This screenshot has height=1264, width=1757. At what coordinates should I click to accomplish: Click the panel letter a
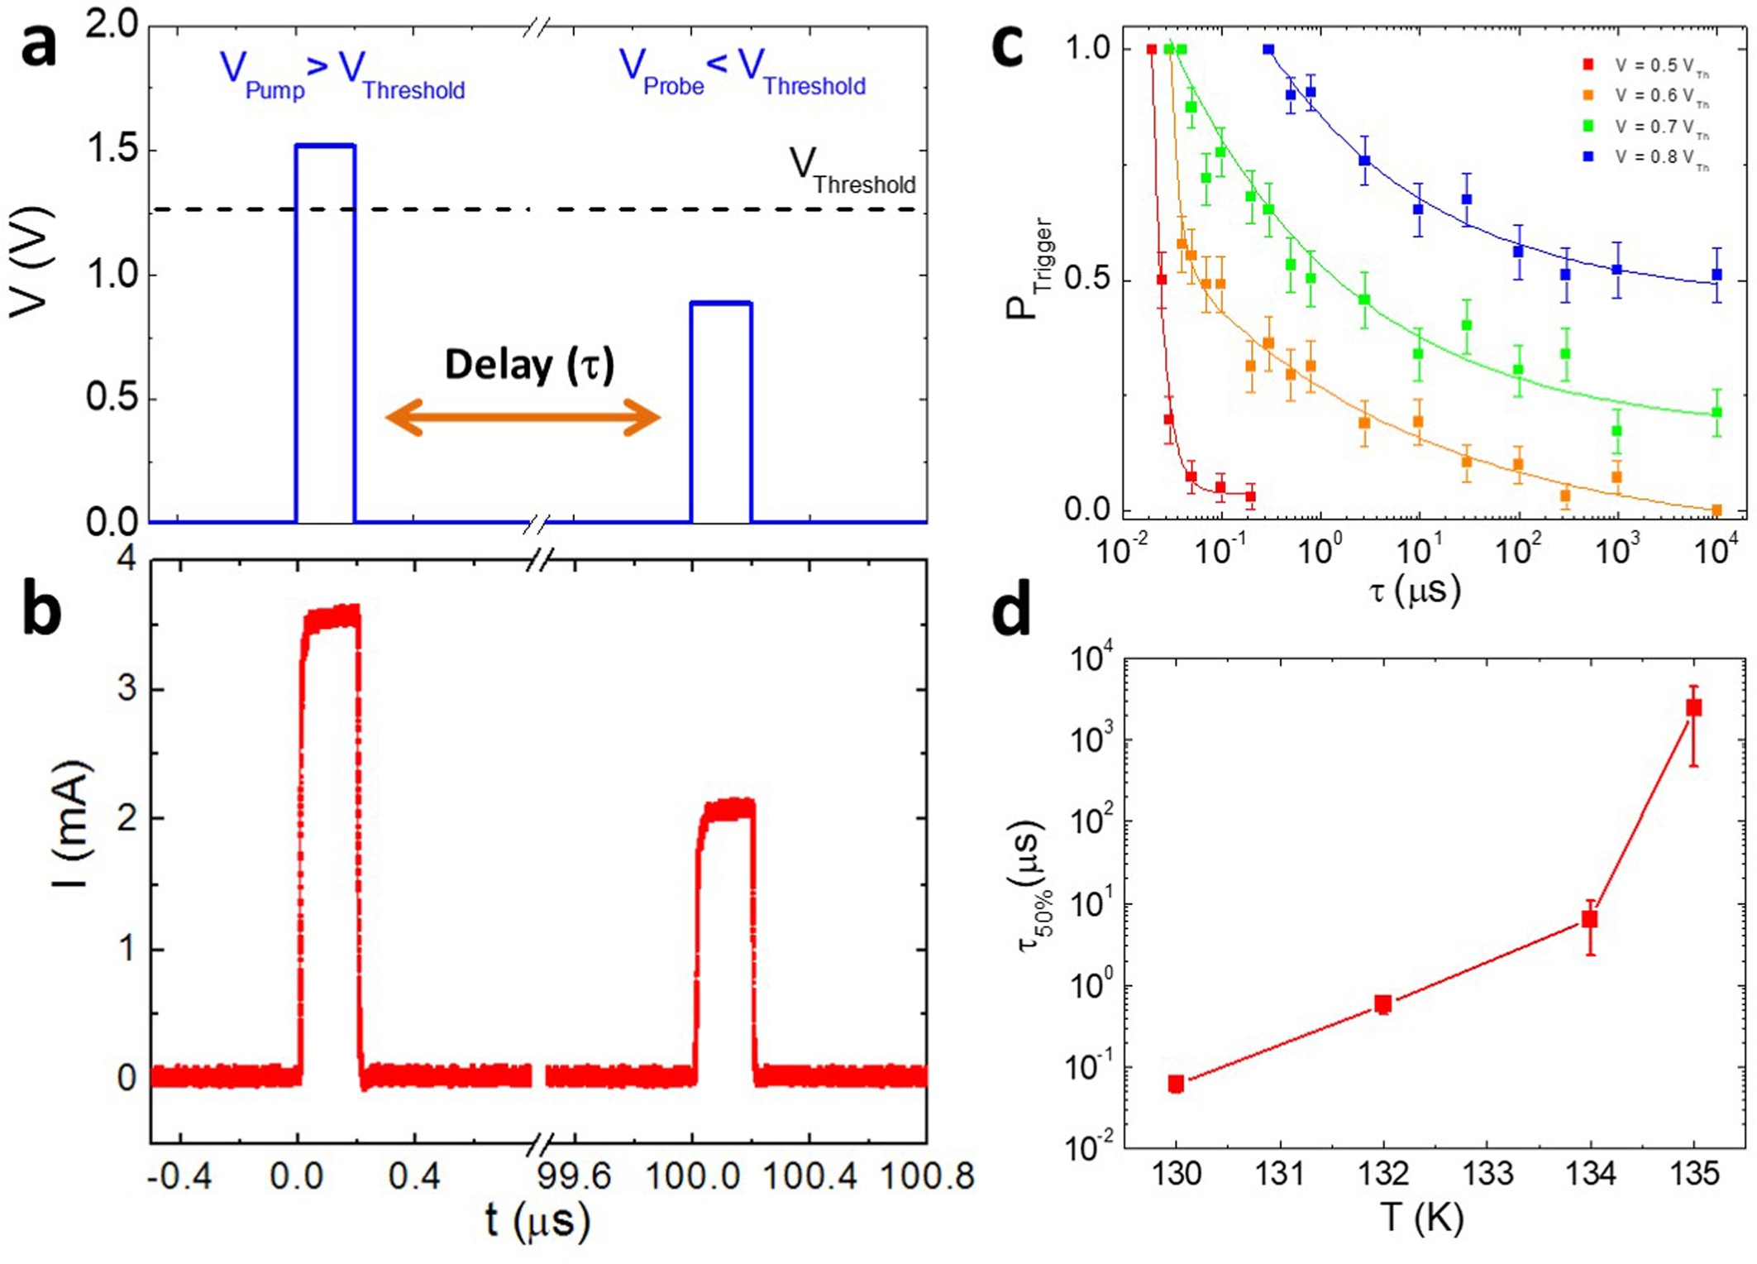point(39,45)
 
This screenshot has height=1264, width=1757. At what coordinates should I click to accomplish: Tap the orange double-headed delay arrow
point(523,417)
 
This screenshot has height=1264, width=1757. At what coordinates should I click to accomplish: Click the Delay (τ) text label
point(529,365)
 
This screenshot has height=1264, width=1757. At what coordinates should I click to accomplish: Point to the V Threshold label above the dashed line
point(852,172)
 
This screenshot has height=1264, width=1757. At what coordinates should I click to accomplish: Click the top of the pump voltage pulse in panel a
point(325,146)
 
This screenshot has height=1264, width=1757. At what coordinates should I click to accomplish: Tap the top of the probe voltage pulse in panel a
point(720,304)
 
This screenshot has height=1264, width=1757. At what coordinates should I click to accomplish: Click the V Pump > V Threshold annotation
point(341,74)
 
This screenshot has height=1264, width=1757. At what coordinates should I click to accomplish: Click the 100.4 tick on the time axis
point(809,1175)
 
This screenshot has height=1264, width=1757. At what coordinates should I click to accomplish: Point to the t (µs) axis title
point(537,1221)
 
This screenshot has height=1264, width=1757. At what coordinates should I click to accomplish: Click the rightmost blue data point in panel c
point(1716,275)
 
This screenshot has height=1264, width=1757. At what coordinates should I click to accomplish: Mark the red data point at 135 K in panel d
point(1693,708)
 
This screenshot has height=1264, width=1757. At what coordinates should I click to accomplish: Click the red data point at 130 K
point(1176,1084)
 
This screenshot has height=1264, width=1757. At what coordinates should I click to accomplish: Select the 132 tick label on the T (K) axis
point(1383,1173)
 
